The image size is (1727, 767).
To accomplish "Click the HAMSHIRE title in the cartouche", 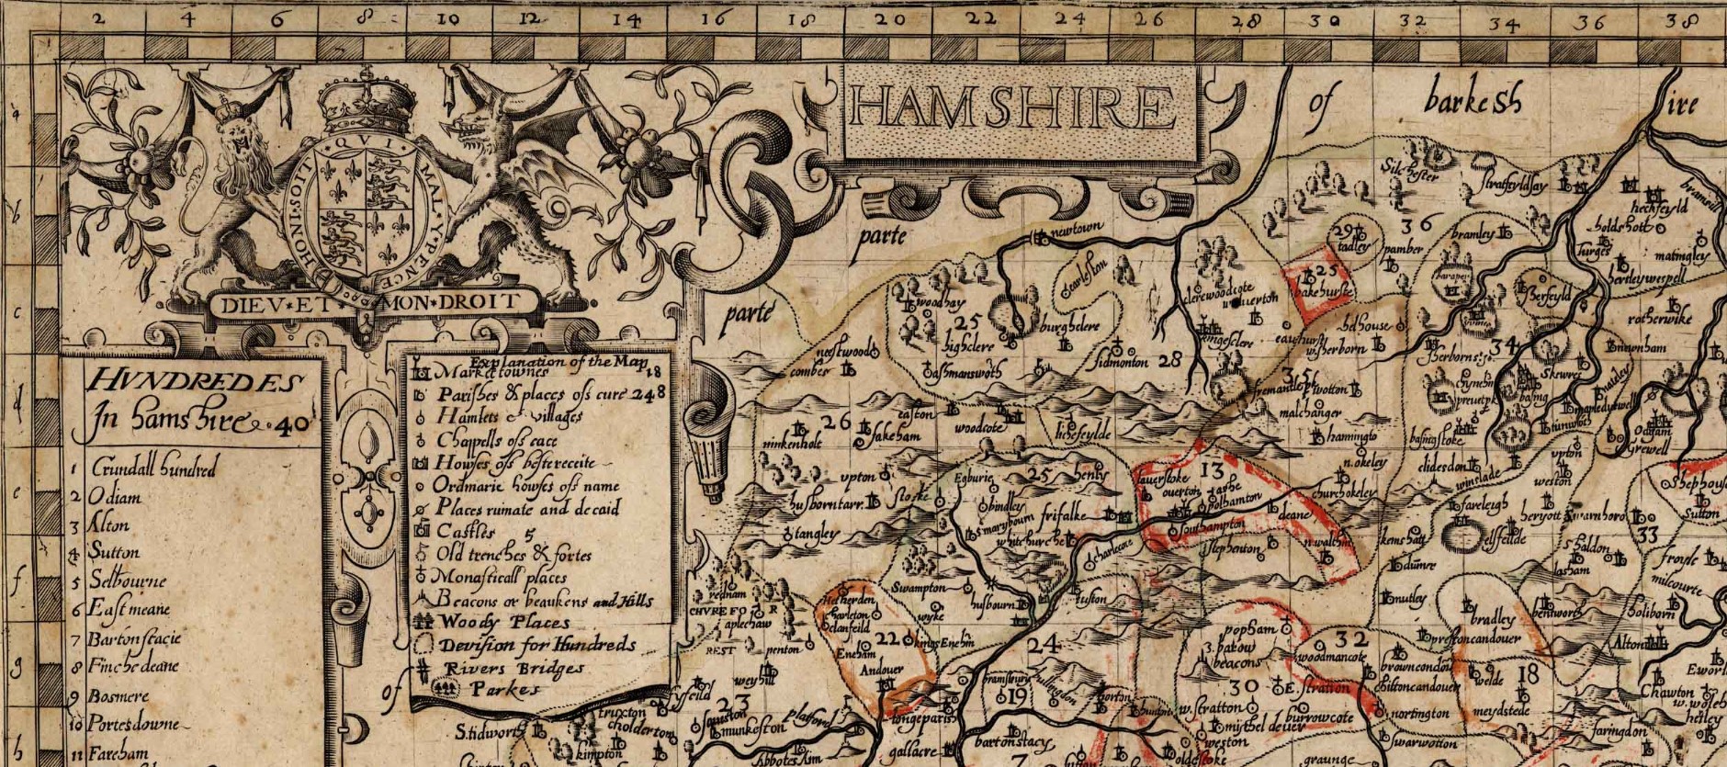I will [1013, 108].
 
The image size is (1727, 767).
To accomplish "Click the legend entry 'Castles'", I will [465, 531].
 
